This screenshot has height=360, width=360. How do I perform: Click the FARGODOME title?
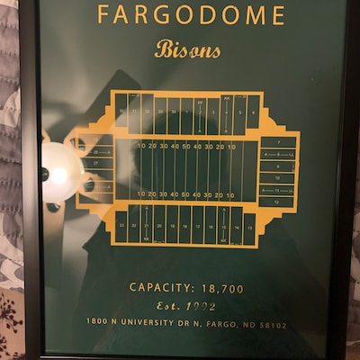(191, 15)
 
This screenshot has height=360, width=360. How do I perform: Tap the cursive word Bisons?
(187, 49)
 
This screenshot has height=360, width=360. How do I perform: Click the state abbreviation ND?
(247, 323)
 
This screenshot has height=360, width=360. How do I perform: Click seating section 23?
(121, 225)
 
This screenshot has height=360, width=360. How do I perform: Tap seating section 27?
(96, 163)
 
